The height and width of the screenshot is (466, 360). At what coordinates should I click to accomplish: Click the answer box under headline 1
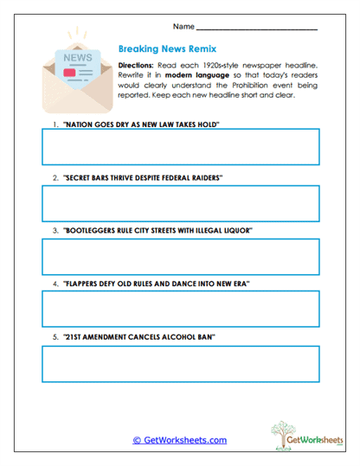181,146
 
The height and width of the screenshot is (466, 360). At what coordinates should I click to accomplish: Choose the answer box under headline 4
181,309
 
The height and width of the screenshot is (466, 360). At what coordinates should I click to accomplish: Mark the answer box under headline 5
181,363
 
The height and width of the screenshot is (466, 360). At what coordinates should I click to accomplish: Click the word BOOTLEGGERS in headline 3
88,232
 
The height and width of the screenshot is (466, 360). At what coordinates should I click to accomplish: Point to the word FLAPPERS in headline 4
83,284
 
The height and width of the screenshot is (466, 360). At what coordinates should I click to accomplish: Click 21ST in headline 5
74,336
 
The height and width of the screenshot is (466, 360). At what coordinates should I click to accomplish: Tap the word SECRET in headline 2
79,177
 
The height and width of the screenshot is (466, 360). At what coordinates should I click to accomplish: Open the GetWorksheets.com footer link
180,440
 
